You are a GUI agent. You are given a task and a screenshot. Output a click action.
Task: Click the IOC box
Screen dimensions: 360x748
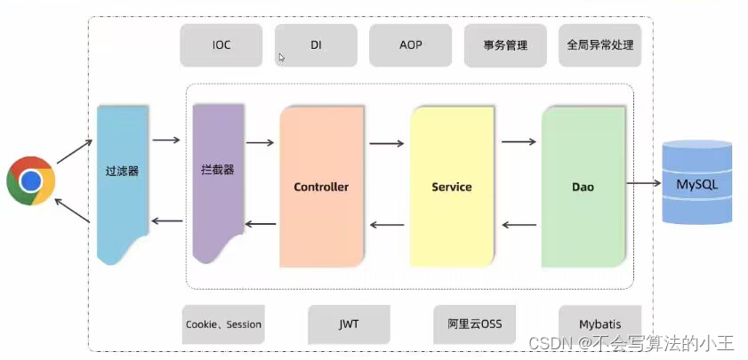click(221, 45)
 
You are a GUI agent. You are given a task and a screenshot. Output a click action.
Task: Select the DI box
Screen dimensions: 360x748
click(316, 45)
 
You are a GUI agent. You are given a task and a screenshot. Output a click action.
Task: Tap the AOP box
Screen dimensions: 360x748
click(410, 45)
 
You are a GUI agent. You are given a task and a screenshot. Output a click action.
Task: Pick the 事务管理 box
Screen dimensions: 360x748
click(505, 45)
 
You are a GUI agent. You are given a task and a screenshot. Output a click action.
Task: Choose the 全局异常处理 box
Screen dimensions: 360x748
click(600, 45)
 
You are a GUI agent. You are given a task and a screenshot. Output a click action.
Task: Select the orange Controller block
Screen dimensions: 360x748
click(321, 187)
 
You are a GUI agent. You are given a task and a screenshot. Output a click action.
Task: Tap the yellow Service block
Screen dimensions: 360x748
click(452, 187)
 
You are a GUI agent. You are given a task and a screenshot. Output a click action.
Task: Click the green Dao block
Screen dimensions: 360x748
click(583, 187)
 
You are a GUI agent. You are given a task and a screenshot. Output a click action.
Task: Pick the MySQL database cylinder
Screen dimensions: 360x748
click(696, 185)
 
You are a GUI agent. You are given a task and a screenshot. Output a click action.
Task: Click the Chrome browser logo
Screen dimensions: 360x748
click(31, 181)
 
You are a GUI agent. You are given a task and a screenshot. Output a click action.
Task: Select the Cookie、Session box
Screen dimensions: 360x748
click(223, 324)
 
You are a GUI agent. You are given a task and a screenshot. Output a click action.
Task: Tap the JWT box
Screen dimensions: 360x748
click(349, 324)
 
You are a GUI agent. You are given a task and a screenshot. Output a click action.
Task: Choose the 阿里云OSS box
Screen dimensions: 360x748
click(475, 324)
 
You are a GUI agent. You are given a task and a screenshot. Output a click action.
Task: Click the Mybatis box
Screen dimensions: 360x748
click(599, 324)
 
